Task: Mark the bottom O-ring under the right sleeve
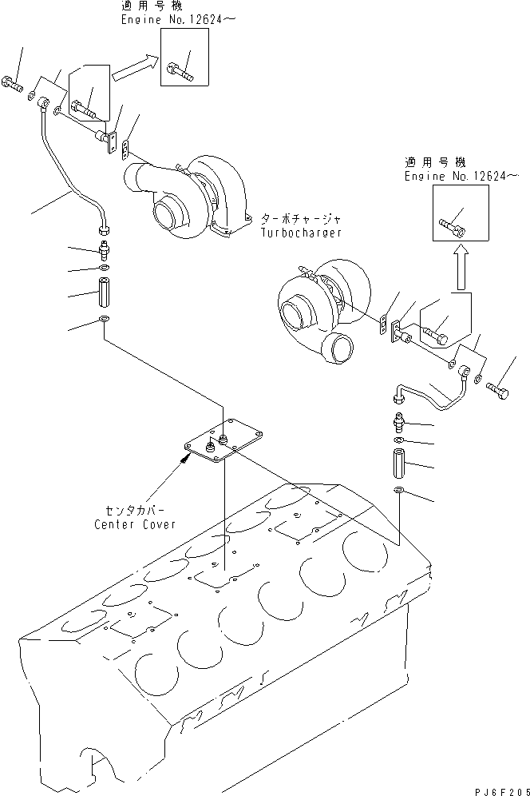click(x=400, y=489)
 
